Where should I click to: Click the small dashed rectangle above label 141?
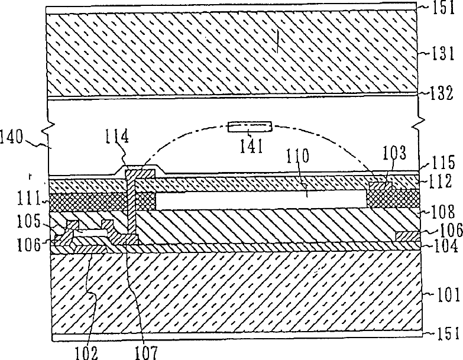click(x=251, y=127)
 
